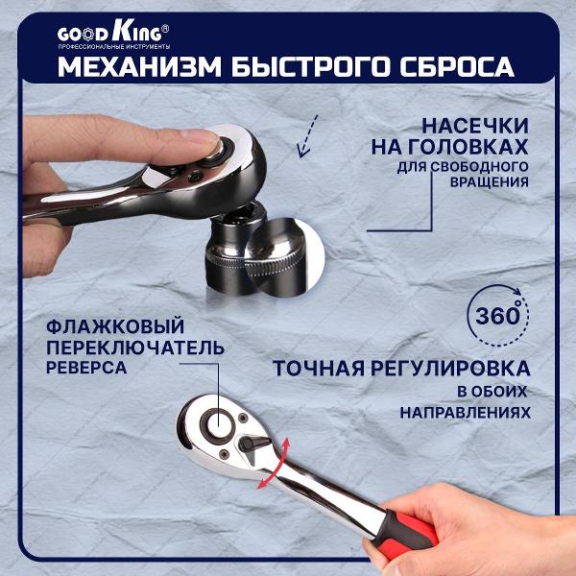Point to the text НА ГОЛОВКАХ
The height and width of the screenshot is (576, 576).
pyautogui.click(x=448, y=147)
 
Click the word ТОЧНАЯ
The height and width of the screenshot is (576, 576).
pyautogui.click(x=320, y=369)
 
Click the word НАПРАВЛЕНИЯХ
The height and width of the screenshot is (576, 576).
pyautogui.click(x=466, y=411)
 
